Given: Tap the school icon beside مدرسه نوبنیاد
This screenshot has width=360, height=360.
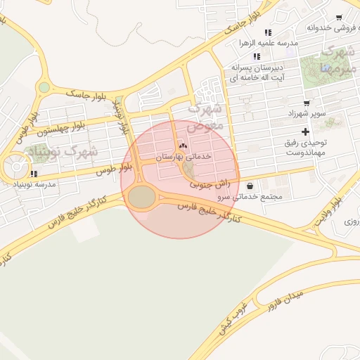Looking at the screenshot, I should [x=34, y=174].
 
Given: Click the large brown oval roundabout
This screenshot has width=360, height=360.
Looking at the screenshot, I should [x=143, y=198].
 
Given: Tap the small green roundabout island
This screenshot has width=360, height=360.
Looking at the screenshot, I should [x=44, y=88].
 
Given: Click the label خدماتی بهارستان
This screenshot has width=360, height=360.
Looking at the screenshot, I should [x=183, y=155].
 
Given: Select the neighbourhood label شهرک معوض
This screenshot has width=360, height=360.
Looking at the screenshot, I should [x=207, y=116].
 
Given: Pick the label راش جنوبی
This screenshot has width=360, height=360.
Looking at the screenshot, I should [x=210, y=184].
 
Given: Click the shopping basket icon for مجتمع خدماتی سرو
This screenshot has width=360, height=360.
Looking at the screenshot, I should [x=251, y=186].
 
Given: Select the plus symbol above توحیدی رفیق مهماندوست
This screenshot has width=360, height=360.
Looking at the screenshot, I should [x=305, y=131].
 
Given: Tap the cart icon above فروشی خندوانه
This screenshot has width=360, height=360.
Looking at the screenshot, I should [x=339, y=18].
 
